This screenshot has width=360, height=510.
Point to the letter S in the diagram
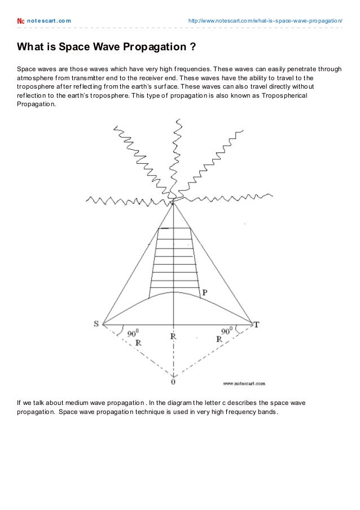(96, 324)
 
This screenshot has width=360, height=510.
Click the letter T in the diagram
(256, 324)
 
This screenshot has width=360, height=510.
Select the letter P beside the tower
(204, 292)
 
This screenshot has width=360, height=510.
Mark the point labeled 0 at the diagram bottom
(173, 382)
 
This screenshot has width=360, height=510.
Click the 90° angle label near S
(133, 333)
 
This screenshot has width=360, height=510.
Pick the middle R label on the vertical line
(173, 336)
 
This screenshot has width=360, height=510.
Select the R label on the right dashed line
(219, 339)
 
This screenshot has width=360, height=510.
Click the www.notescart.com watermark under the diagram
(244, 383)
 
